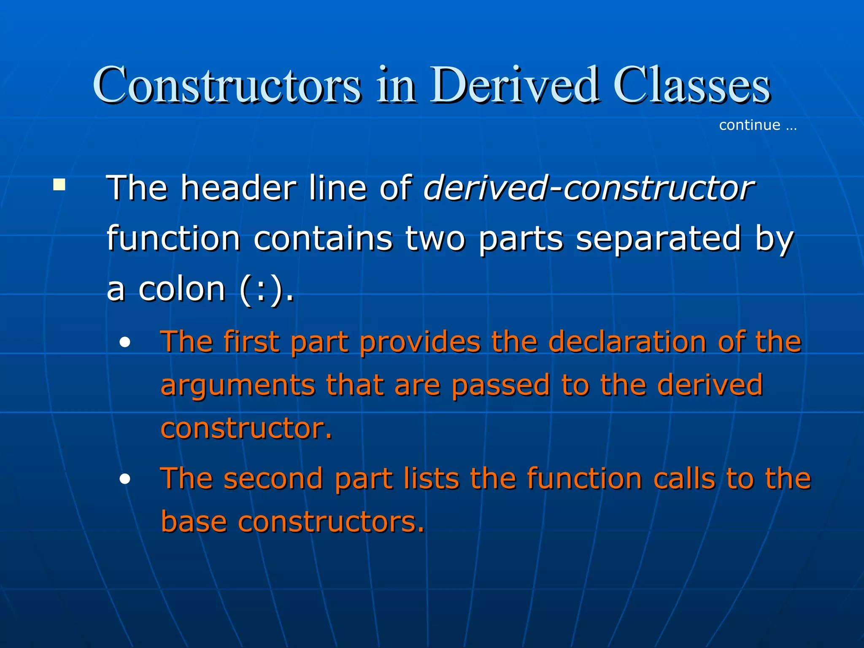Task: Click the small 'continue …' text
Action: (757, 125)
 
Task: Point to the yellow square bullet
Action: (59, 185)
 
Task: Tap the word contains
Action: (323, 238)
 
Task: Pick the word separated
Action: (658, 238)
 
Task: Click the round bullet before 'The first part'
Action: (125, 343)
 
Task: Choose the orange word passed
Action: (501, 385)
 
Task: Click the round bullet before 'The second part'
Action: (125, 479)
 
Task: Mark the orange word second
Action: (273, 479)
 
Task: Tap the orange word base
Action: (194, 522)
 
